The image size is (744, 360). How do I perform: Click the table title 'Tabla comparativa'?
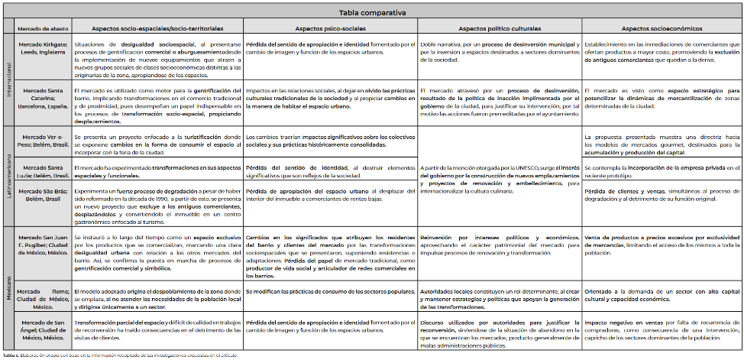coord(373,12)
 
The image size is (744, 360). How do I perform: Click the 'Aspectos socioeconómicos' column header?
coord(661,29)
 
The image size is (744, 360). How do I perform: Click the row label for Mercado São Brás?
coord(43,195)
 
